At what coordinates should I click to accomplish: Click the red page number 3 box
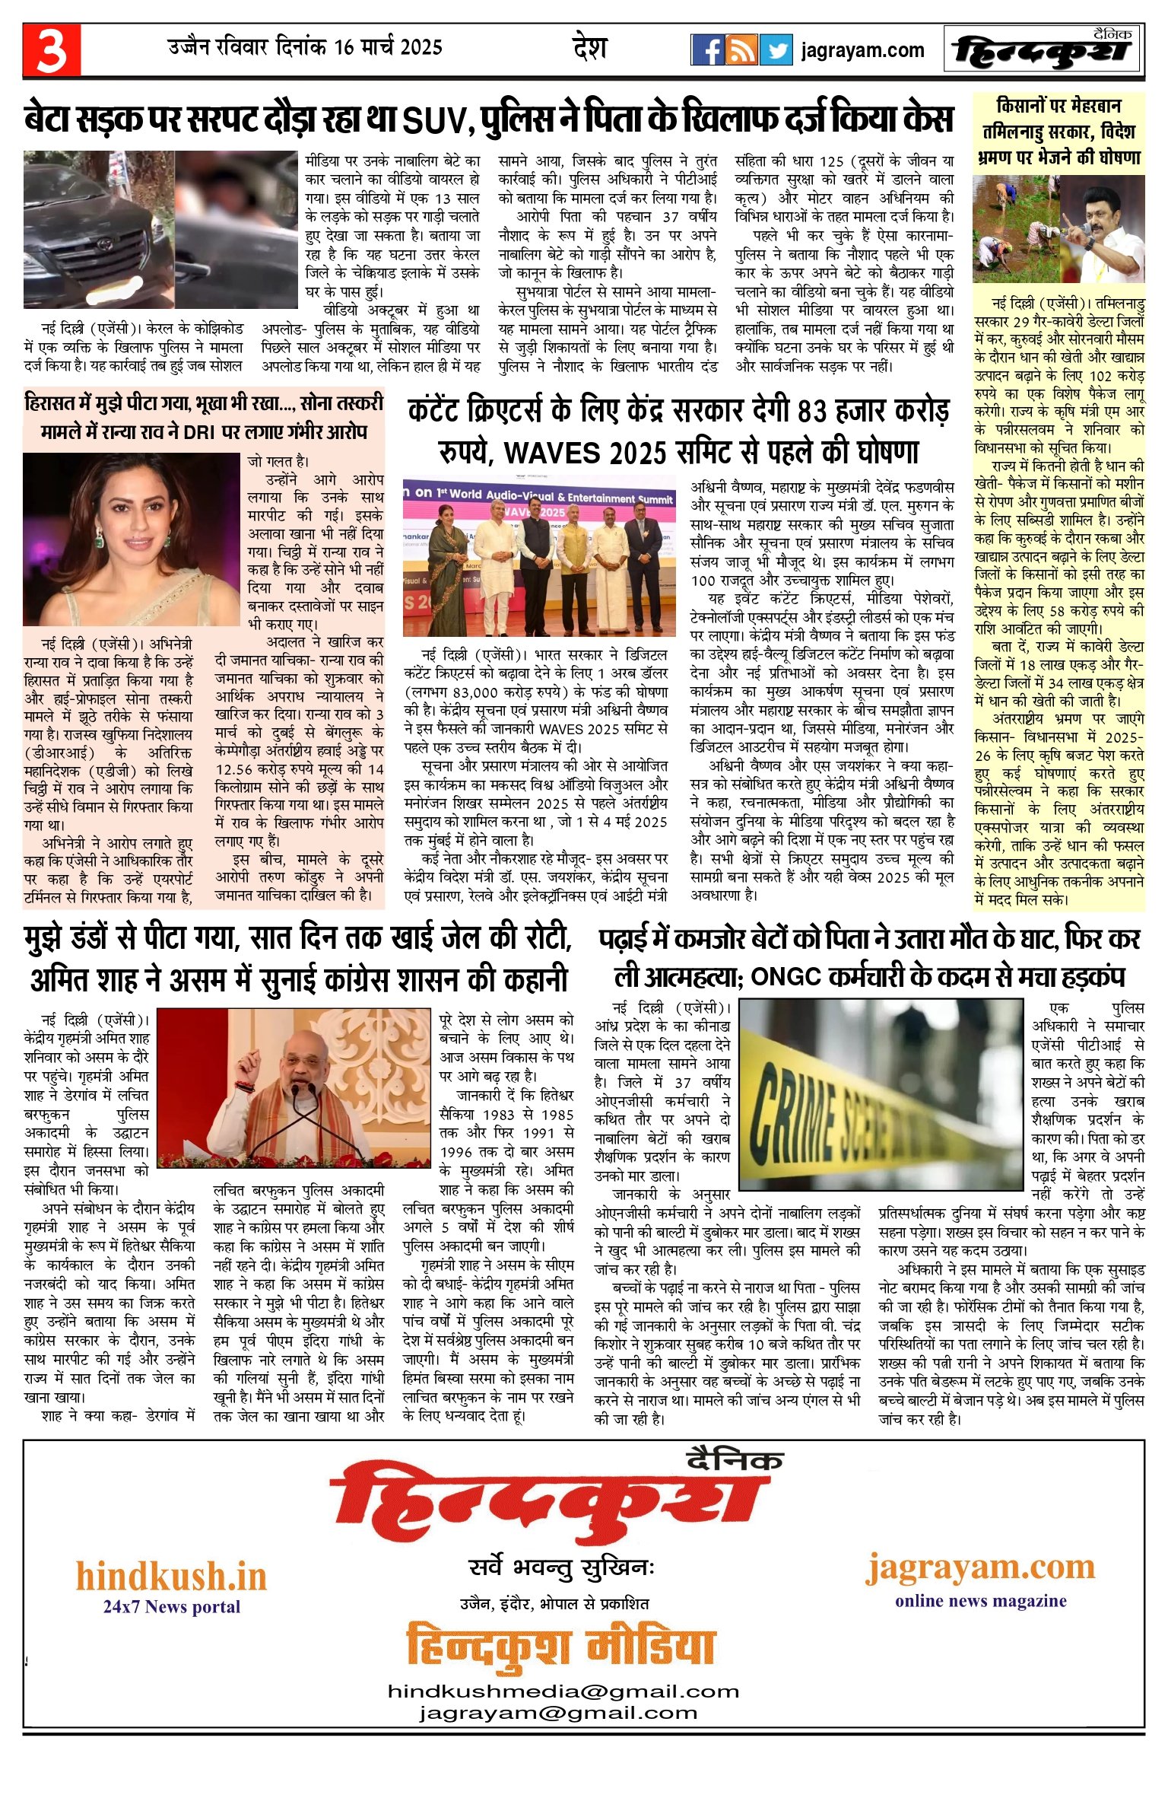coord(51,49)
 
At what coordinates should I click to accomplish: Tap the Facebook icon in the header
coord(707,50)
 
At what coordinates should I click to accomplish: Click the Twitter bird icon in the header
coord(776,50)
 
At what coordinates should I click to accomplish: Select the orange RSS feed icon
coord(741,50)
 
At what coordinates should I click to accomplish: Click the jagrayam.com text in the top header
coord(862,51)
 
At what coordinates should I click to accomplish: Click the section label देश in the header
coord(589,49)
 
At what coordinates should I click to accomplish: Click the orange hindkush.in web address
coord(171,1576)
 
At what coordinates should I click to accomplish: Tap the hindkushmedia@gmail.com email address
coord(563,1691)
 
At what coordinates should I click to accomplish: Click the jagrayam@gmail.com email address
coord(557,1712)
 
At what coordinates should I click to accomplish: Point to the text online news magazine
coord(980,1600)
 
